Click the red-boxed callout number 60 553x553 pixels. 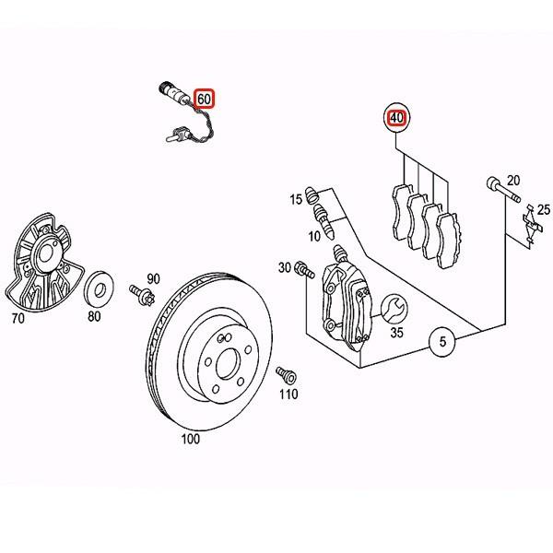tap(204, 98)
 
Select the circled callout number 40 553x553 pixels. tap(396, 118)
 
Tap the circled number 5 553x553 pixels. tap(442, 343)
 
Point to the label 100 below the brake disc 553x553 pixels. tap(190, 440)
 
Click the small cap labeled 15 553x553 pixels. tap(313, 196)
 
